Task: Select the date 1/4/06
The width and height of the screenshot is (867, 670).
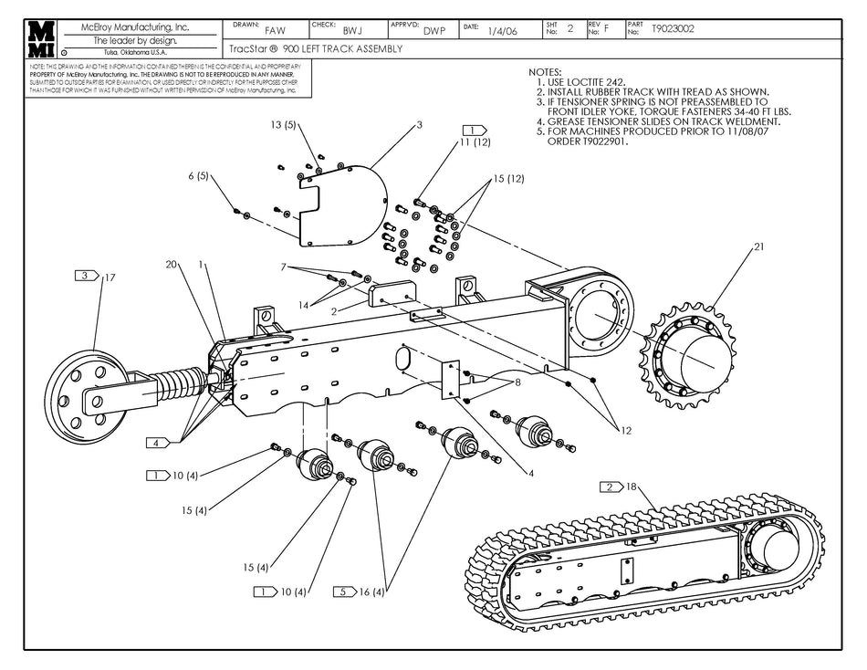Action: click(x=502, y=30)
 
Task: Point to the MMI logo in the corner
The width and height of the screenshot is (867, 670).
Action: click(x=40, y=38)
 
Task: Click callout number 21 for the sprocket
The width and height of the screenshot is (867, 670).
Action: click(x=758, y=247)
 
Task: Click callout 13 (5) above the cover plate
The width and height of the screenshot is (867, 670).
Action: click(x=284, y=124)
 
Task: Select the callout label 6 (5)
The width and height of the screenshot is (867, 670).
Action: click(x=199, y=176)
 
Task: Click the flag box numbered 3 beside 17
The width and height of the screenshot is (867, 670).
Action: click(x=87, y=275)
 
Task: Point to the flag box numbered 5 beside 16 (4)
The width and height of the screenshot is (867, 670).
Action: click(x=344, y=591)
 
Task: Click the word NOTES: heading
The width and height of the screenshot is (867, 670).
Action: click(x=546, y=72)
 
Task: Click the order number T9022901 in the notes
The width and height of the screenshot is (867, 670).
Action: click(x=600, y=141)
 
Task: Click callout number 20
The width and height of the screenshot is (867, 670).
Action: click(x=171, y=265)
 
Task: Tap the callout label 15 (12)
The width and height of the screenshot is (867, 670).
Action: click(x=509, y=179)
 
